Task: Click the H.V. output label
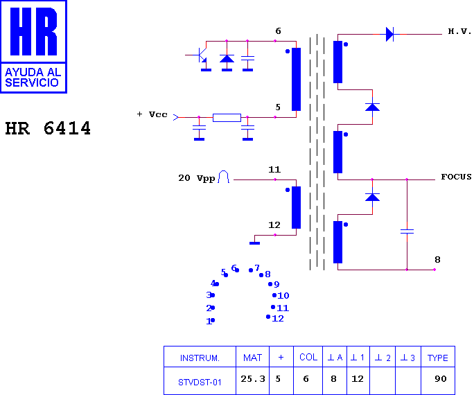pyautogui.click(x=459, y=31)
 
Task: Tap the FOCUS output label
pyautogui.click(x=456, y=177)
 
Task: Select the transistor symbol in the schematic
pyautogui.click(x=200, y=55)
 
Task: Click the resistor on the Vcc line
pyautogui.click(x=227, y=118)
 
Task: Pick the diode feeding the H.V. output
pyautogui.click(x=389, y=34)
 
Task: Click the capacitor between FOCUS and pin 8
pyautogui.click(x=407, y=231)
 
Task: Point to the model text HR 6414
pyautogui.click(x=48, y=128)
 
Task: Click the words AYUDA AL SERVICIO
pyautogui.click(x=33, y=78)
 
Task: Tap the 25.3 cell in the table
pyautogui.click(x=253, y=378)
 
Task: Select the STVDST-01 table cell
pyautogui.click(x=200, y=383)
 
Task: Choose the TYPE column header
pyautogui.click(x=438, y=358)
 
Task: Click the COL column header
pyautogui.click(x=308, y=357)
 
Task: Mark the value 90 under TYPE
pyautogui.click(x=441, y=378)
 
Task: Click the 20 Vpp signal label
pyautogui.click(x=197, y=178)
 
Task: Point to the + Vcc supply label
pyautogui.click(x=152, y=114)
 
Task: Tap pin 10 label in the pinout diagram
pyautogui.click(x=283, y=296)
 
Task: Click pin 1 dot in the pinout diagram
pyautogui.click(x=213, y=320)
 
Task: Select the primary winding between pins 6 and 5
pyautogui.click(x=297, y=80)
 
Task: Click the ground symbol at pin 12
pyautogui.click(x=254, y=243)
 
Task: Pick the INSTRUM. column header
pyautogui.click(x=200, y=358)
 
